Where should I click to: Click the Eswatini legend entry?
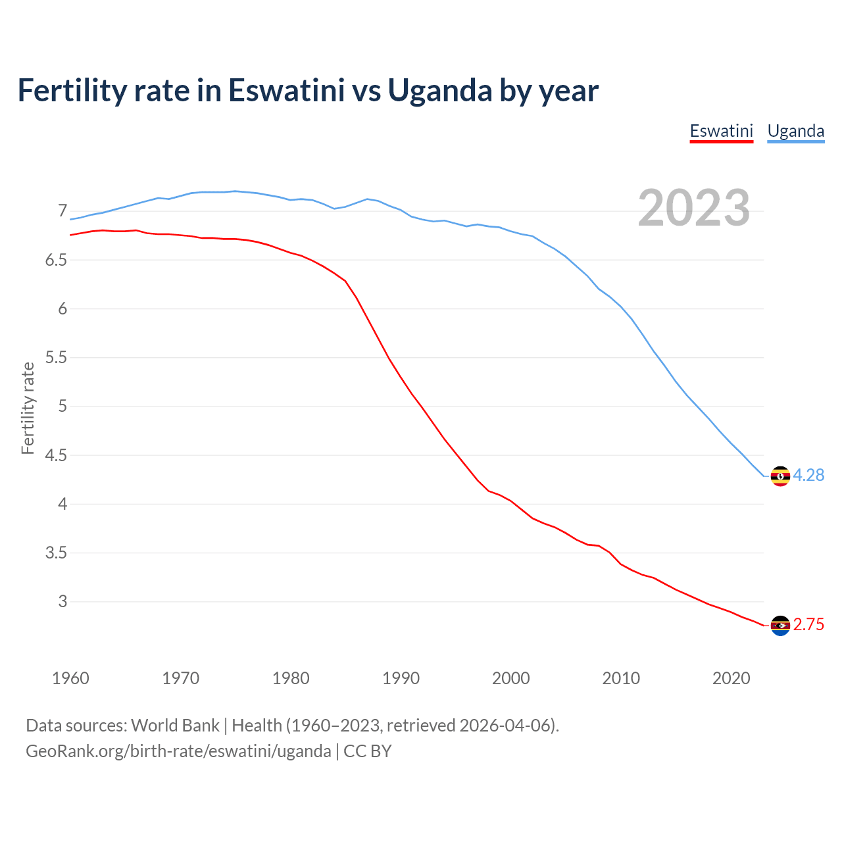721,131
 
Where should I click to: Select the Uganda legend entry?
795,131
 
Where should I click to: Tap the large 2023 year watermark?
694,208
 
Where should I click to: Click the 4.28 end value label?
808,475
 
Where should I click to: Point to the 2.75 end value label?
808,624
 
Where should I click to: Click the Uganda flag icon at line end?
780,476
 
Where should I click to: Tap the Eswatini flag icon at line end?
780,625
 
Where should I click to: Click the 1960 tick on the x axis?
70,678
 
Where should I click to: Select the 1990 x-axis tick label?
401,678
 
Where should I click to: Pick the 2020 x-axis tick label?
731,678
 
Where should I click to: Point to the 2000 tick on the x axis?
510,678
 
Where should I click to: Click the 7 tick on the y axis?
62,211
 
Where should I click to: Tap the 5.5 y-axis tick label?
56,358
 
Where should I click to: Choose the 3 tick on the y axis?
62,601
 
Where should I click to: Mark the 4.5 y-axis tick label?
56,455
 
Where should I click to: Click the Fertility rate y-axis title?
28,408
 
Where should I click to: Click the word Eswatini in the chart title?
286,90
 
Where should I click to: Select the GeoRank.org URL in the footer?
178,751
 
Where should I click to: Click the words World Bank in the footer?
175,726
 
